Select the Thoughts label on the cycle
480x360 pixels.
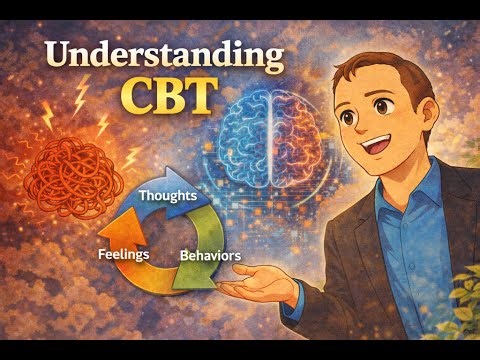click(167, 197)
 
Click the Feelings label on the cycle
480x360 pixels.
click(124, 254)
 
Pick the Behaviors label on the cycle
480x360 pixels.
click(210, 256)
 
